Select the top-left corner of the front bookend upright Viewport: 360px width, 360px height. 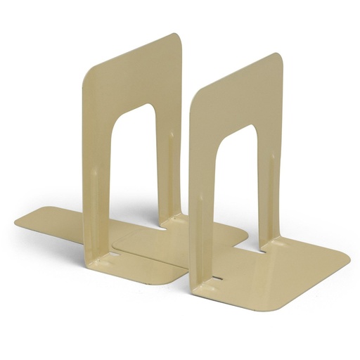click(x=193, y=86)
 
